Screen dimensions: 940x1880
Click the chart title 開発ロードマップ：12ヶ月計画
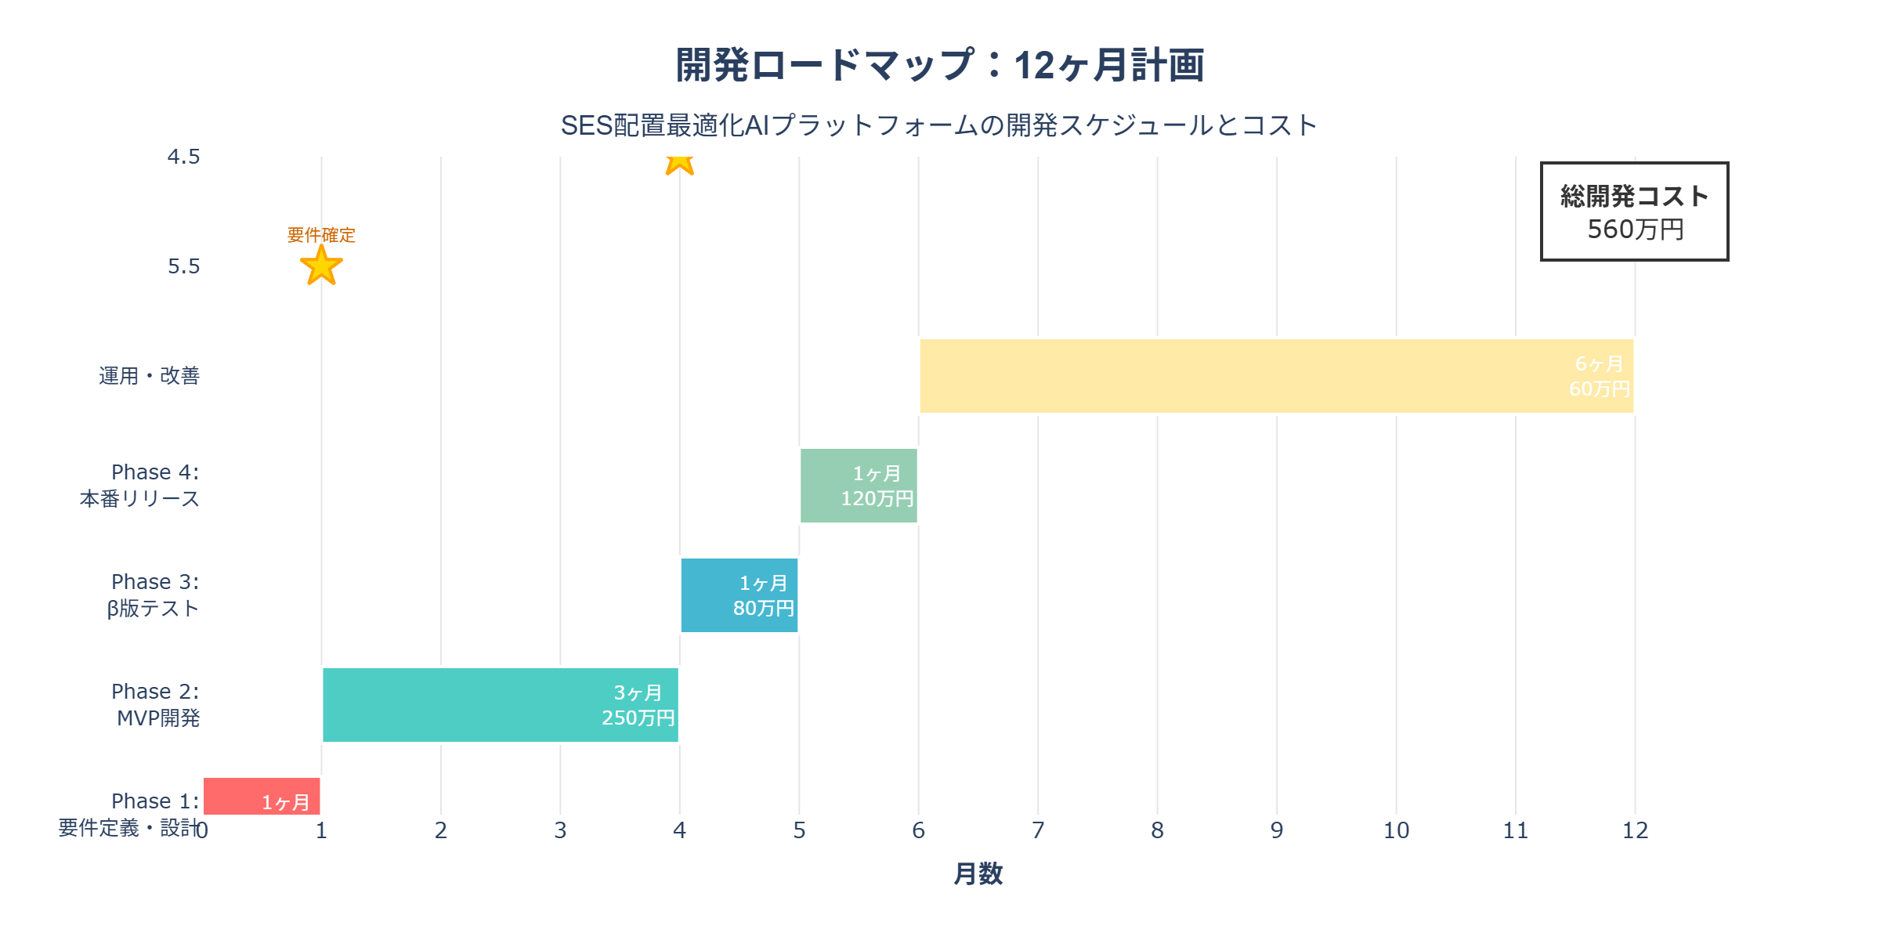[x=940, y=65]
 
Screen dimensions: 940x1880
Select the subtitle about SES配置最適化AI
[x=940, y=125]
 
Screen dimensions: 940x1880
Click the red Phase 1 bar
[x=235, y=797]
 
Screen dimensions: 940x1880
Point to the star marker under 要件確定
[x=321, y=266]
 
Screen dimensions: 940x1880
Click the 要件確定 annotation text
[x=321, y=235]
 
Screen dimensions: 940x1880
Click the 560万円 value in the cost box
[x=1635, y=230]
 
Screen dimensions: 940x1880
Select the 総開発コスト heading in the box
[x=1635, y=196]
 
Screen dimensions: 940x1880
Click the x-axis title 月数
[x=978, y=873]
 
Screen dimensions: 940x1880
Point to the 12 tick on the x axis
[x=1635, y=830]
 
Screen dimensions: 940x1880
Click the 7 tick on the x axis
[x=1038, y=830]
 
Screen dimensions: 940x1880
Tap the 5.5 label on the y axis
[x=184, y=266]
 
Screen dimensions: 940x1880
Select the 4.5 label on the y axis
[x=184, y=157]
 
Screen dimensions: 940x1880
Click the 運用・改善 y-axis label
[x=149, y=376]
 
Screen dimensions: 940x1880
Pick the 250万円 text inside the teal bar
[x=638, y=718]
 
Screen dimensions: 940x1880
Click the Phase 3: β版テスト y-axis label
[x=154, y=595]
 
